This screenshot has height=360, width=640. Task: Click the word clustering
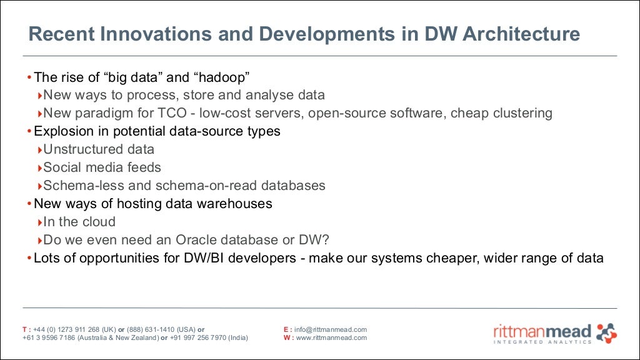pos(522,113)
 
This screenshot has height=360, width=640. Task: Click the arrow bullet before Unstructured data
pos(40,150)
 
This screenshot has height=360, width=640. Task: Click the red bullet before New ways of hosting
pos(29,204)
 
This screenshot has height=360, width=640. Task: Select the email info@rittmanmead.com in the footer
pos(331,329)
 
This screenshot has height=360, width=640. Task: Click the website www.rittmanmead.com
pos(331,338)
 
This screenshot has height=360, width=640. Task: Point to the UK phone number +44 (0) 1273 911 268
pos(67,329)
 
